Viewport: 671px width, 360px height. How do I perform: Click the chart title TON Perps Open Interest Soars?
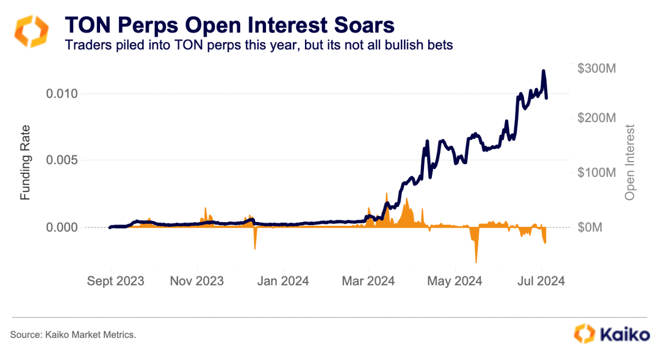click(x=229, y=25)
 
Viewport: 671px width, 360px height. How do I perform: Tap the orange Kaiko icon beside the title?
click(x=31, y=32)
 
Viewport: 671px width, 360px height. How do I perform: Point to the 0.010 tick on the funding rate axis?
click(x=63, y=94)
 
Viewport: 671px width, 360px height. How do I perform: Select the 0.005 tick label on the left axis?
click(x=63, y=160)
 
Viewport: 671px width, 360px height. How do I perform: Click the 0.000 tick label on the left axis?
click(x=63, y=228)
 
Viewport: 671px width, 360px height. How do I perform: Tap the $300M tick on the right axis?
click(x=596, y=68)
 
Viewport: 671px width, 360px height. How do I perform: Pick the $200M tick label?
click(x=596, y=118)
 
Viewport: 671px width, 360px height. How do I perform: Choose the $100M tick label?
click(x=596, y=173)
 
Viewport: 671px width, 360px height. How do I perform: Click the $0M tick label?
click(x=590, y=228)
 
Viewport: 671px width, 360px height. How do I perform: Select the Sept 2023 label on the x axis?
click(x=115, y=281)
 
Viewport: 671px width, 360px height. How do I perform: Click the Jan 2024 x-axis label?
click(x=283, y=281)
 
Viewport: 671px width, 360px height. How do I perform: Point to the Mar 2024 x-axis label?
click(x=368, y=281)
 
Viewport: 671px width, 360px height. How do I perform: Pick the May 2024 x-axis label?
click(x=455, y=281)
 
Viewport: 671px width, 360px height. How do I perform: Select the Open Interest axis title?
click(x=630, y=162)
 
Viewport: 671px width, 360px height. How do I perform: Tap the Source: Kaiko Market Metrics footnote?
click(x=73, y=335)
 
